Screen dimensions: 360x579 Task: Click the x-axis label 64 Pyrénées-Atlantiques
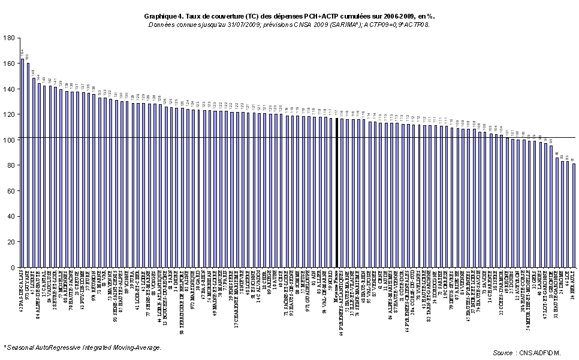342,299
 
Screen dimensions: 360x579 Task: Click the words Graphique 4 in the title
163,17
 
